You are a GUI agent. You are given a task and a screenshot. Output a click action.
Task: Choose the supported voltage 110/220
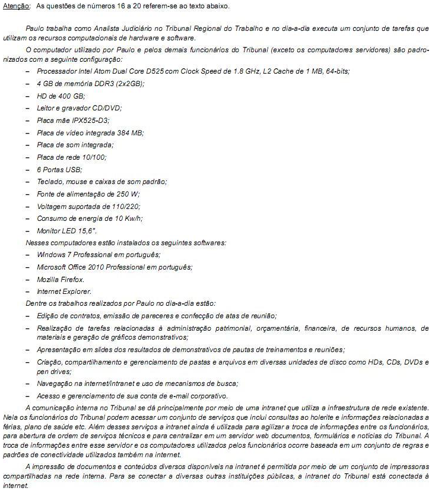point(113,205)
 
